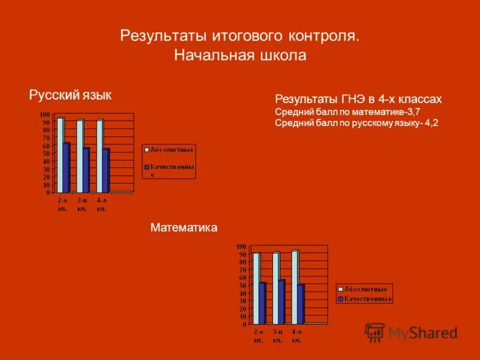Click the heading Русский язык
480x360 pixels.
click(70, 95)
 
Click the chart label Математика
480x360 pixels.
click(184, 228)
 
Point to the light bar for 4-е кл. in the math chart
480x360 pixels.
click(295, 286)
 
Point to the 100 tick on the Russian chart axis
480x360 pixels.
click(45, 115)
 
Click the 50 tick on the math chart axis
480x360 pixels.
click(242, 286)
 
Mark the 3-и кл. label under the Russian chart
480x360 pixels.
click(82, 204)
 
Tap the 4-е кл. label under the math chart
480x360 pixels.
click(296, 336)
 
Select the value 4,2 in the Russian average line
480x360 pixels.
click(431, 123)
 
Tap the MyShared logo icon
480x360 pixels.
click(375, 332)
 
